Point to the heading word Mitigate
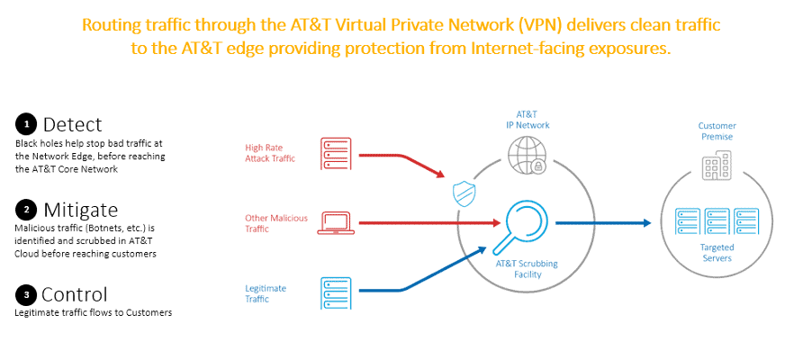(79, 210)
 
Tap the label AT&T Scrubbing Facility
(527, 269)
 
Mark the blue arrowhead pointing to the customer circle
(645, 221)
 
